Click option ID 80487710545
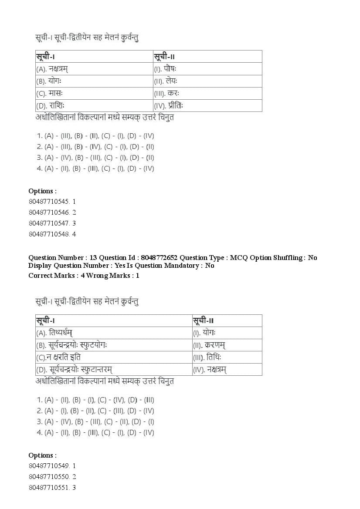click(52, 202)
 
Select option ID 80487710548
click(52, 234)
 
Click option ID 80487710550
click(52, 477)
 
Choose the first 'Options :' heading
click(42, 191)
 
